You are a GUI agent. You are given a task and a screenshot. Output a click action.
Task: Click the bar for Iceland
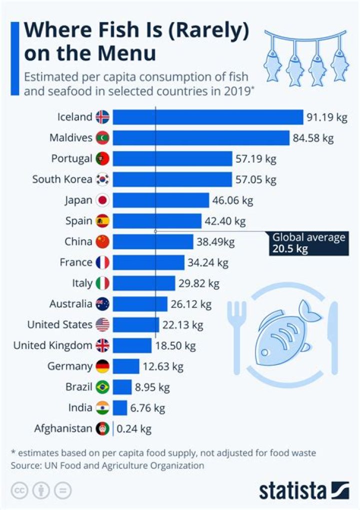pos(207,117)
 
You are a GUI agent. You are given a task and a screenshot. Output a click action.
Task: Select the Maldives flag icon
pos(102,138)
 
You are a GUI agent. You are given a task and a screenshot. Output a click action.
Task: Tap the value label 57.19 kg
pos(256,159)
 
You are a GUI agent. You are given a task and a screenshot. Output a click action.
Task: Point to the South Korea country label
pos(62,179)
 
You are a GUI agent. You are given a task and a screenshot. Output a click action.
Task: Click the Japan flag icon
pos(102,200)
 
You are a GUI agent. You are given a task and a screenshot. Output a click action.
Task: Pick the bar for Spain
pos(157,221)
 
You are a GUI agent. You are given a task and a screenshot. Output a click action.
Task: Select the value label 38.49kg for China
pos(215,242)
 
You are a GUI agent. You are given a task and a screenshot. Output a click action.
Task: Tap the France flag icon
pos(102,262)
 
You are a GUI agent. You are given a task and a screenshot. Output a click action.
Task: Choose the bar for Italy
pos(144,283)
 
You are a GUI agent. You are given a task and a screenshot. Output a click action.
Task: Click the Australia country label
pos(70,304)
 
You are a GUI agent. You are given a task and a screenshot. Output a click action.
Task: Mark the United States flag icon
pos(102,325)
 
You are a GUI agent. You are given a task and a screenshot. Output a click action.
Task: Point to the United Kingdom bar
pos(132,345)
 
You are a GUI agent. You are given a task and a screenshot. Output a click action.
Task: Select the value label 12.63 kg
pos(163,366)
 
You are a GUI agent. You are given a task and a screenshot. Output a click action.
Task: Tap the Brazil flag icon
pos(102,387)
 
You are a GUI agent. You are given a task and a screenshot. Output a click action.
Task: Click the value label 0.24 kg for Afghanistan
pos(134,428)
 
